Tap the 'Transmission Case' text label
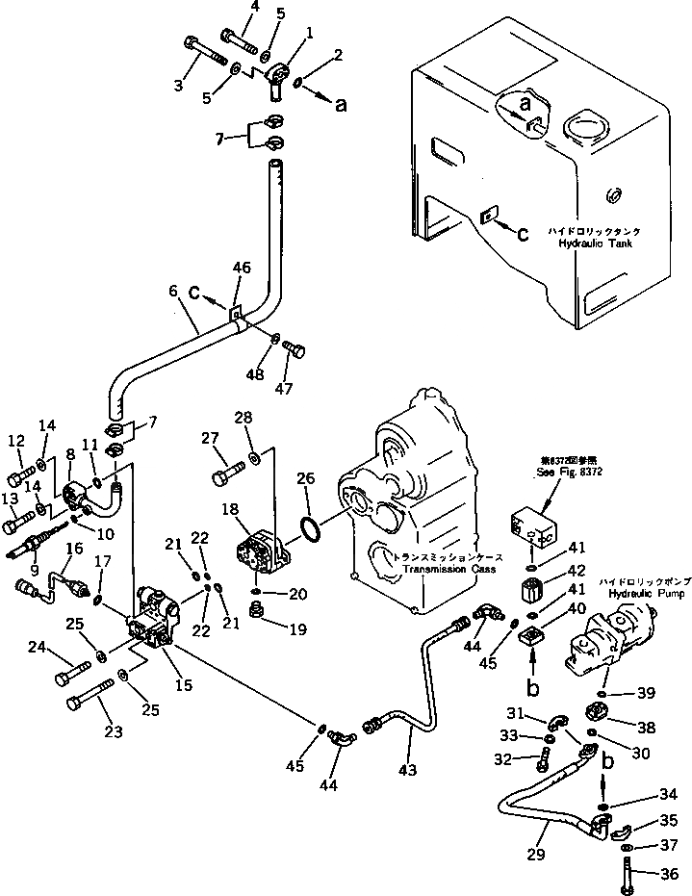450,569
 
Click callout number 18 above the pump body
231,507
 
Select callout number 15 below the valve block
183,685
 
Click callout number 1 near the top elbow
308,31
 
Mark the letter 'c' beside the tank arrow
523,232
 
